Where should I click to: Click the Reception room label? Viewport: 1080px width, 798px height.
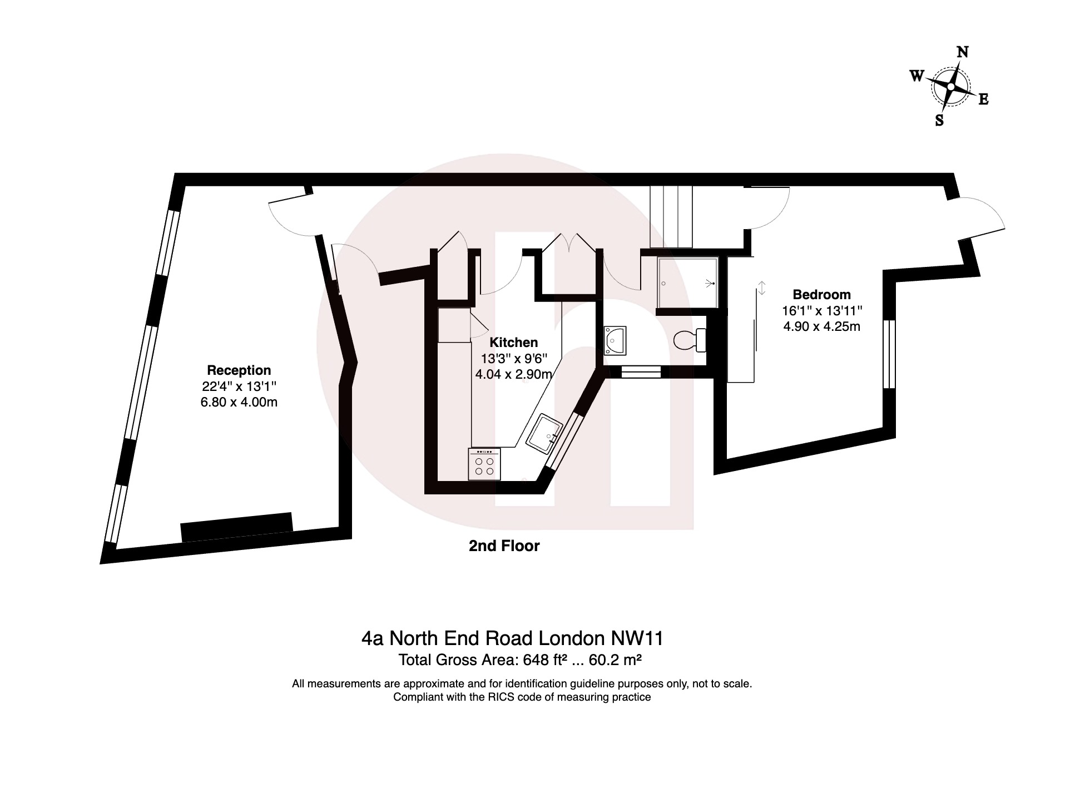click(239, 370)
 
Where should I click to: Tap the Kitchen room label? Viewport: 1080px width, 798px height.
click(513, 343)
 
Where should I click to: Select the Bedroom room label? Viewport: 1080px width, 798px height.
click(821, 295)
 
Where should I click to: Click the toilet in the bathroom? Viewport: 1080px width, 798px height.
click(690, 340)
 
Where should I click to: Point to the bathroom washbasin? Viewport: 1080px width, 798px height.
click(615, 340)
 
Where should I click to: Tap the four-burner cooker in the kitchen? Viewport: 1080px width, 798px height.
click(485, 464)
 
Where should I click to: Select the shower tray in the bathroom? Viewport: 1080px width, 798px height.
click(687, 283)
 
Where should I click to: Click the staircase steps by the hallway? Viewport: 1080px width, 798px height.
click(671, 217)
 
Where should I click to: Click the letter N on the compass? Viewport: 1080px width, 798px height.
click(963, 52)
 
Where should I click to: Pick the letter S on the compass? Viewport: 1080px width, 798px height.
click(939, 120)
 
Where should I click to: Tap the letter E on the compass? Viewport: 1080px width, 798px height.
click(983, 100)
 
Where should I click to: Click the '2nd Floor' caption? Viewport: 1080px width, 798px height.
click(504, 546)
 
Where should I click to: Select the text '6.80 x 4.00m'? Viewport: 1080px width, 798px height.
click(239, 402)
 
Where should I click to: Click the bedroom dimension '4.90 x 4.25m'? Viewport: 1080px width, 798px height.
click(821, 326)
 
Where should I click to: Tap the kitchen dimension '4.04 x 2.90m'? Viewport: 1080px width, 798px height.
click(513, 374)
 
